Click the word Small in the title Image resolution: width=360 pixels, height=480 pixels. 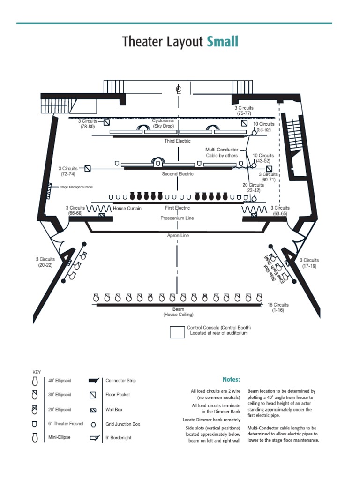[x=222, y=42]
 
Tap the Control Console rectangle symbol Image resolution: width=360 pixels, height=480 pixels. [x=177, y=332]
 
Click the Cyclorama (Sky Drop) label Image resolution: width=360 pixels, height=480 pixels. [x=163, y=123]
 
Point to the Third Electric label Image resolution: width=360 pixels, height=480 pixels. [x=177, y=141]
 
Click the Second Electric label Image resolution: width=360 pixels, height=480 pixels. [x=177, y=174]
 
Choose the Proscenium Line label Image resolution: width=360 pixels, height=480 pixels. [x=177, y=218]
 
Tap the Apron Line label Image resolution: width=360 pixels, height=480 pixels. [x=178, y=236]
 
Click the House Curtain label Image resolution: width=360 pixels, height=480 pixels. [x=127, y=208]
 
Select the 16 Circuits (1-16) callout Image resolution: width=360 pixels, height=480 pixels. [x=278, y=307]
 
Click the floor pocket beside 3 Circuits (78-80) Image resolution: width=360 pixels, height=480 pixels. [x=106, y=123]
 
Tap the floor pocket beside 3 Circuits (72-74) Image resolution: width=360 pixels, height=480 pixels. [x=88, y=168]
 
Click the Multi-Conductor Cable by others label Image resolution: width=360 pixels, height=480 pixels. [x=222, y=152]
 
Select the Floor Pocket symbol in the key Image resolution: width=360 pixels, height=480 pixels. [x=93, y=395]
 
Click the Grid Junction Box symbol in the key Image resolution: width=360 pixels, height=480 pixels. [x=93, y=424]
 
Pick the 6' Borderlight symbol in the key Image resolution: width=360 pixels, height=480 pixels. [x=94, y=439]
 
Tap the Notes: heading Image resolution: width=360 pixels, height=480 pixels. [x=231, y=379]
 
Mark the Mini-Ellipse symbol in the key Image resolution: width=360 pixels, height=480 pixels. [x=35, y=438]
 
